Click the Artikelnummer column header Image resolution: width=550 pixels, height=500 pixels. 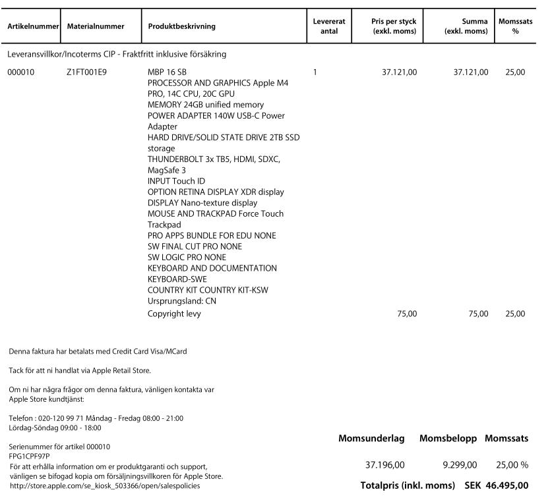(x=33, y=26)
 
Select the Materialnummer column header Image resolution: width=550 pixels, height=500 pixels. (x=96, y=26)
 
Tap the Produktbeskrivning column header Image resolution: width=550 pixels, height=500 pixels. (x=181, y=26)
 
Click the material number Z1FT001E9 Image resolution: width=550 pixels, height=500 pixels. (x=86, y=72)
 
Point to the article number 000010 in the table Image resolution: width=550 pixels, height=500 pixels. (x=20, y=72)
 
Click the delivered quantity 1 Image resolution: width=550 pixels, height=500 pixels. (x=315, y=72)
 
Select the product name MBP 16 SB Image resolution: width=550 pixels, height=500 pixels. (x=167, y=72)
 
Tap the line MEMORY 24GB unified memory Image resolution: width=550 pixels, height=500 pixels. (x=205, y=105)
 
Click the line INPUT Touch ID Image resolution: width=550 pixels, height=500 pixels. (x=176, y=181)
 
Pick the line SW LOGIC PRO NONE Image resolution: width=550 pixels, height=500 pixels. (x=187, y=258)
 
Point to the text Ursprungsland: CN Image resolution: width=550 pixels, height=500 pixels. (x=182, y=301)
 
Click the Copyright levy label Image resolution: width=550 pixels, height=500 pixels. (x=174, y=314)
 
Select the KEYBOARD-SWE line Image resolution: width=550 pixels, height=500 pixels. (x=177, y=279)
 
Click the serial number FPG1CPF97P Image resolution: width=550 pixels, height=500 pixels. (x=30, y=456)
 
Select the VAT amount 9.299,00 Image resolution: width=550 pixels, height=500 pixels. (x=460, y=465)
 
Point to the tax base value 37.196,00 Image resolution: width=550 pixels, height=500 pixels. (x=385, y=465)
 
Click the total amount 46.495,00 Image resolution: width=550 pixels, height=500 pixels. (x=506, y=486)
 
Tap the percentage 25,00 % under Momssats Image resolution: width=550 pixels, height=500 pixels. (x=512, y=465)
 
